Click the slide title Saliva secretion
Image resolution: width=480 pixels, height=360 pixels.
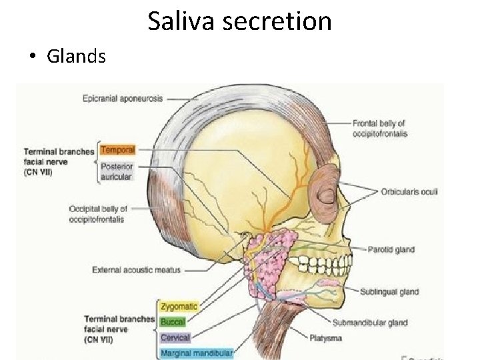click(239, 21)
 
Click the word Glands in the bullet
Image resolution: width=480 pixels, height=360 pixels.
click(76, 57)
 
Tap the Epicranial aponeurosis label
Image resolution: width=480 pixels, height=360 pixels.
click(123, 99)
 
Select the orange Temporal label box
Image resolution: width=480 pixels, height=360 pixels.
click(117, 151)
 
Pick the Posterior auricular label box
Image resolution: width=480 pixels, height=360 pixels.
click(117, 171)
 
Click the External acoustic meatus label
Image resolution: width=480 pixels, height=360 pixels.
click(136, 270)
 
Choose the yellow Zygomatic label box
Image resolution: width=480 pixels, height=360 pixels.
click(178, 306)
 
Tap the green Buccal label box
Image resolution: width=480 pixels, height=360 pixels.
click(173, 321)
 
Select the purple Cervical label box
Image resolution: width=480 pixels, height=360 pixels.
click(175, 337)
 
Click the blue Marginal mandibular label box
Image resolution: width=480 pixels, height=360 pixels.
click(196, 353)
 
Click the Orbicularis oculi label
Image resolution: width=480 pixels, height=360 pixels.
click(409, 192)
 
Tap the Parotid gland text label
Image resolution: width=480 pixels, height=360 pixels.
click(391, 250)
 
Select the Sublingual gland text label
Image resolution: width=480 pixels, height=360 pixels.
click(389, 291)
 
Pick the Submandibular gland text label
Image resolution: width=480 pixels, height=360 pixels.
click(370, 323)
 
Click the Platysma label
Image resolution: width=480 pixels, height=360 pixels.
click(327, 338)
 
